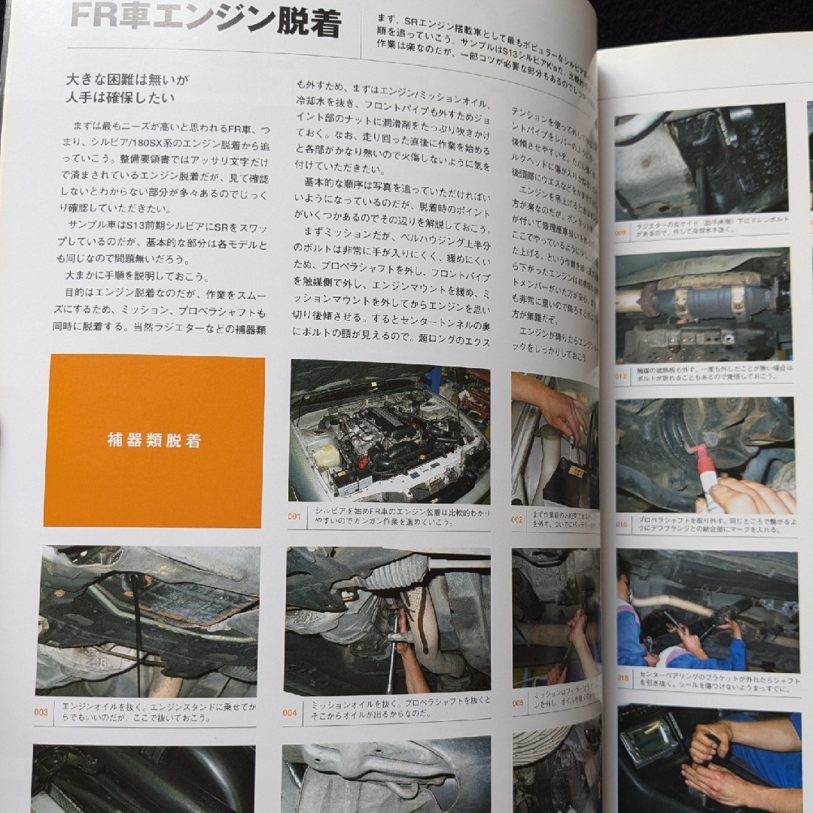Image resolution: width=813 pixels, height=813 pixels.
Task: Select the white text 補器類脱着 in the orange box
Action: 154,441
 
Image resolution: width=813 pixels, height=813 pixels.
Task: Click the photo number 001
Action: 294,516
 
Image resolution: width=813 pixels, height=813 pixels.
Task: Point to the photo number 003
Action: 41,712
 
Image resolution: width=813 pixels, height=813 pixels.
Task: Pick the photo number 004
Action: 290,712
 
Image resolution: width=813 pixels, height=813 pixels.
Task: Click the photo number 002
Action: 517,519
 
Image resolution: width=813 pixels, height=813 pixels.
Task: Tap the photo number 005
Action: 519,703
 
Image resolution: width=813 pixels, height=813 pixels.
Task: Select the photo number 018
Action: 623,677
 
